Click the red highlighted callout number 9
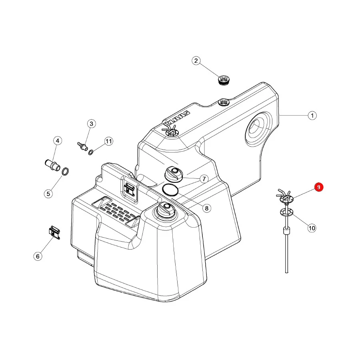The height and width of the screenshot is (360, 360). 319,187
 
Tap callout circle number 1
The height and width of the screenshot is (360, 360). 312,115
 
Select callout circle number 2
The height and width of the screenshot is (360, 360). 196,61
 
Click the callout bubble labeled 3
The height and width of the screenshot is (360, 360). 91,124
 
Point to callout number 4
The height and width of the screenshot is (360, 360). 57,141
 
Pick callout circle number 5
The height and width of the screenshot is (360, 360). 48,194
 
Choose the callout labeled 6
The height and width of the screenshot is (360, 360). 38,256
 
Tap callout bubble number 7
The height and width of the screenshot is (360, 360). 204,179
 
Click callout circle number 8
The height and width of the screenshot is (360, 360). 207,208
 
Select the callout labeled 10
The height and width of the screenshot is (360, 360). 312,228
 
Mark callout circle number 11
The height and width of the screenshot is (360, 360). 108,141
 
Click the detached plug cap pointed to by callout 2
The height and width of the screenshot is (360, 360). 224,80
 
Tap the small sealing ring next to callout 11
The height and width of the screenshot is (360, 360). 91,152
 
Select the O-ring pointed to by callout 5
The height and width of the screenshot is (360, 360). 65,172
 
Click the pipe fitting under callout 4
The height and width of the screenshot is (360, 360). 52,165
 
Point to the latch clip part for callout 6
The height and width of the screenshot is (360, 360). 55,232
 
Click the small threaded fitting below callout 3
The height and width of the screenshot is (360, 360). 82,146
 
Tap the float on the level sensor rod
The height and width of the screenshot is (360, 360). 286,230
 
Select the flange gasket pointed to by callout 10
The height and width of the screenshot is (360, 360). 286,212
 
